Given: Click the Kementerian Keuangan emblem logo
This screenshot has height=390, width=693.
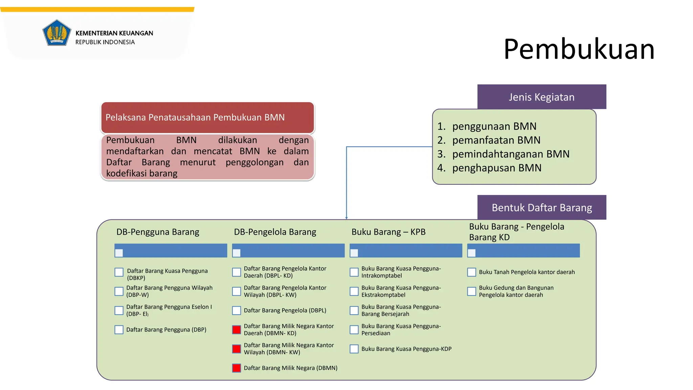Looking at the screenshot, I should point(57,33).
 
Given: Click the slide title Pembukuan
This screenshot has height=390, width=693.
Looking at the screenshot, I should point(579,49).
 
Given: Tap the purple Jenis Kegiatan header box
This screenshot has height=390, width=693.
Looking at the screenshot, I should point(541,97).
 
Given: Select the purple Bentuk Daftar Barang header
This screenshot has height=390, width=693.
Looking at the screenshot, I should point(541,207).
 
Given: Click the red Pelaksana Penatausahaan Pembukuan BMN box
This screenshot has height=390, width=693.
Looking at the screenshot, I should point(207,117).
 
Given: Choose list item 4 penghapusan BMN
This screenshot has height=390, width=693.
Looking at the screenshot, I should point(496,168).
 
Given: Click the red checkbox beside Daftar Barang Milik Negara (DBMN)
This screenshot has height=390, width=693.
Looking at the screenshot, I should point(237,368).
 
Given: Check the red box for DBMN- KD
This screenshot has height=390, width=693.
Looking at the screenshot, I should point(237,329).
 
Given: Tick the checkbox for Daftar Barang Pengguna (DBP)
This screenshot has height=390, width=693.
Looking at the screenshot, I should point(119,329).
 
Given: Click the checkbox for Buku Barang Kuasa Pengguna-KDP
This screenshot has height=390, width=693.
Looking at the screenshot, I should point(354,349).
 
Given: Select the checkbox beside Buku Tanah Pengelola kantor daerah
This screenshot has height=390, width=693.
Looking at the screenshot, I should point(471,272).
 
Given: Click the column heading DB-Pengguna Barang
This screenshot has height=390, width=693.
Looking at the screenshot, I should point(158,232).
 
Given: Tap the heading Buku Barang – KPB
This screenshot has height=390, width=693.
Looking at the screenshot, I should point(388,232).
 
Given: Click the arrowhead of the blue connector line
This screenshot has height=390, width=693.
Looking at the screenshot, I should point(346,218).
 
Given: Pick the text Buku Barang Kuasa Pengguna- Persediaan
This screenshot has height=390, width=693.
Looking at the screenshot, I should point(401,329).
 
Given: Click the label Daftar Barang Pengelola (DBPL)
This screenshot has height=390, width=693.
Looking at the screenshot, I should point(285,310).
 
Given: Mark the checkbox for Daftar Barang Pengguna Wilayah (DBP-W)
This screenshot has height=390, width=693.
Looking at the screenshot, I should point(119,291).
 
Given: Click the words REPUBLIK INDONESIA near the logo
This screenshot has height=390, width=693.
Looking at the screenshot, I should point(105,42).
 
